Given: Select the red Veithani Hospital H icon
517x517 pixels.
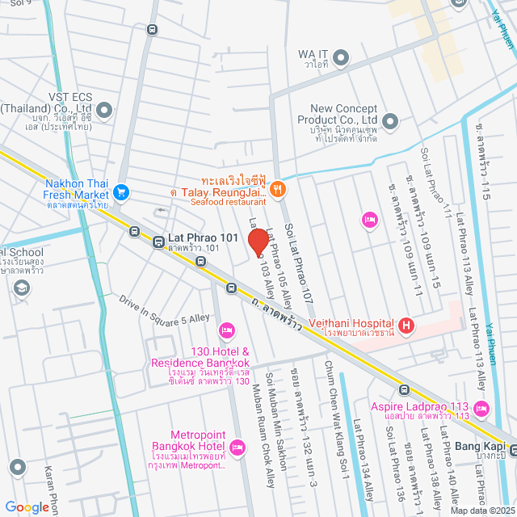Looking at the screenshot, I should coord(406,326).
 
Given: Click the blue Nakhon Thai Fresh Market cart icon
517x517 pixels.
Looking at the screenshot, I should coord(122,192).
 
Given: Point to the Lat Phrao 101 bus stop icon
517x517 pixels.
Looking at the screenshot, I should coord(157,241).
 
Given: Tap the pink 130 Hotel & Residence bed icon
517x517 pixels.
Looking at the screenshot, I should coord(226,329).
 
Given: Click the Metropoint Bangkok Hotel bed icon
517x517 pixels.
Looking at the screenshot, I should coord(237,447).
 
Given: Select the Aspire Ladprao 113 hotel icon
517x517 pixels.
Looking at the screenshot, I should coord(482,407).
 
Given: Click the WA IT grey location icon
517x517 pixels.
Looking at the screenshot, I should coord(341,57).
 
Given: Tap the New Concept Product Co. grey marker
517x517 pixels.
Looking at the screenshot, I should coord(390,123).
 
